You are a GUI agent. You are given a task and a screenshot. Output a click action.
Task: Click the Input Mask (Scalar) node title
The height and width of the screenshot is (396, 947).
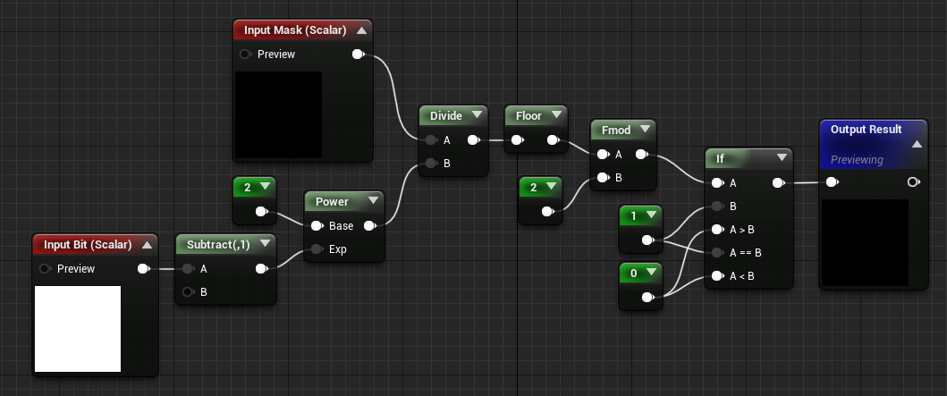tap(295, 30)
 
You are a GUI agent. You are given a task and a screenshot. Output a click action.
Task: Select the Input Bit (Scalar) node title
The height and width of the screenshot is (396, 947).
tap(88, 245)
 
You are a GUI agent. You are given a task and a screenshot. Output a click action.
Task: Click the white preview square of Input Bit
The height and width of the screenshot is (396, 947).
tap(77, 328)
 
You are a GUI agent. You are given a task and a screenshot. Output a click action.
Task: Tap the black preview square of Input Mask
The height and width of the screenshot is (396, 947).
tap(277, 114)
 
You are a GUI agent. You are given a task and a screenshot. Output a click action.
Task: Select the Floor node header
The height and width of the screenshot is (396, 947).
tap(528, 115)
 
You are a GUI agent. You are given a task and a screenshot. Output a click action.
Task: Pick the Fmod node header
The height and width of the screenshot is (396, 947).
tap(615, 131)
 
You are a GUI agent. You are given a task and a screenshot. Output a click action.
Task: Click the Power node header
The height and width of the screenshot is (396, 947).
tap(332, 202)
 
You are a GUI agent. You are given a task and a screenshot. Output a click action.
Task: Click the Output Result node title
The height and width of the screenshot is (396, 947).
tap(866, 130)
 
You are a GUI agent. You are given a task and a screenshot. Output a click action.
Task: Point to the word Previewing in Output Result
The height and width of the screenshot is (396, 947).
tap(857, 160)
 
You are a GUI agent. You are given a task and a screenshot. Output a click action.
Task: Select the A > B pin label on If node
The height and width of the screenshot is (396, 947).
tap(741, 229)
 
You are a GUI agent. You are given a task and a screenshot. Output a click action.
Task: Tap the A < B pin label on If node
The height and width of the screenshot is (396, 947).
tap(741, 275)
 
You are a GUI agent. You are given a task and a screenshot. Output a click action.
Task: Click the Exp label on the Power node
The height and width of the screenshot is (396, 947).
tap(338, 249)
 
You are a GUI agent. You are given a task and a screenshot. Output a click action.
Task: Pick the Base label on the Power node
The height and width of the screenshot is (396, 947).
tap(341, 225)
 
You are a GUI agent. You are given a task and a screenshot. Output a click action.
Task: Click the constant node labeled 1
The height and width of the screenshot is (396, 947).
tap(634, 215)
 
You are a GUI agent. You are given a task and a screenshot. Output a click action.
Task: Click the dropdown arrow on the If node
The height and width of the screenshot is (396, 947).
tap(782, 158)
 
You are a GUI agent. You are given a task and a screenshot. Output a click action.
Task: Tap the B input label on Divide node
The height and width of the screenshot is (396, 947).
tap(446, 163)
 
